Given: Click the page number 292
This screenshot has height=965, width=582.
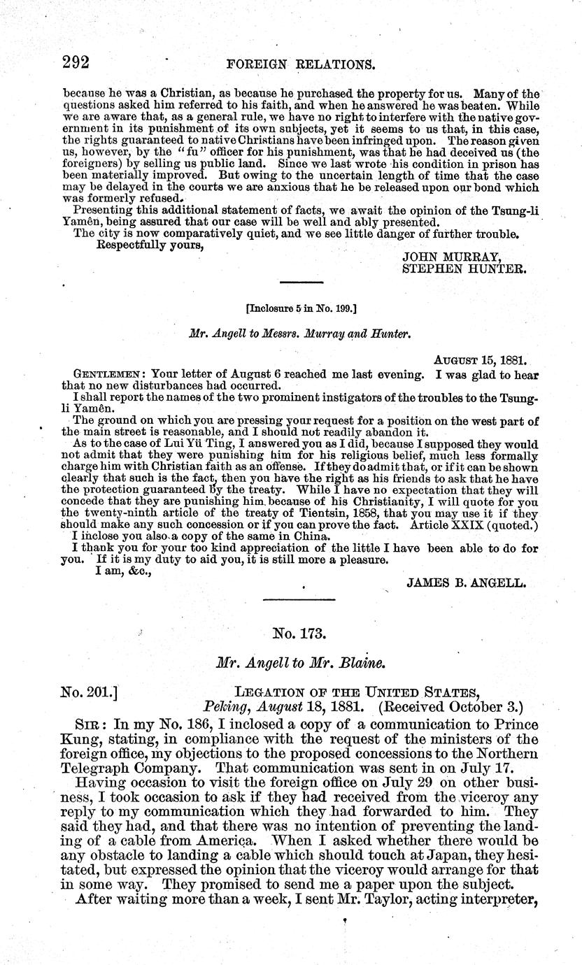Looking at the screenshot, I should (x=76, y=62).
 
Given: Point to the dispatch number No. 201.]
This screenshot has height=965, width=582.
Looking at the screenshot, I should (x=89, y=692).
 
